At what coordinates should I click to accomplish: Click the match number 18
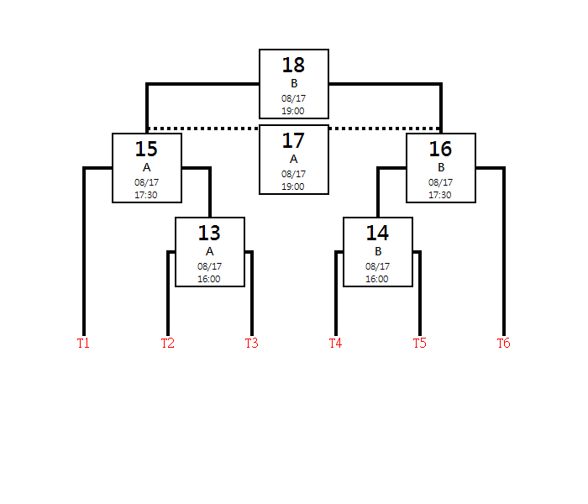(x=293, y=65)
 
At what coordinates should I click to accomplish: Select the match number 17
(x=293, y=140)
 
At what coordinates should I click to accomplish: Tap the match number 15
(x=146, y=149)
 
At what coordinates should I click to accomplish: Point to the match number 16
(x=440, y=149)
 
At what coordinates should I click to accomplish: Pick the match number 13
(x=209, y=233)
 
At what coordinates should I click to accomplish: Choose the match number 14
(x=377, y=233)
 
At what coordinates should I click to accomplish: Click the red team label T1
(x=83, y=343)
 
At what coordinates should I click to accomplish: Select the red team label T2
(x=168, y=343)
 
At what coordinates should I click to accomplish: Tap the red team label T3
(x=252, y=343)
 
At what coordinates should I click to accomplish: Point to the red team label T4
(x=336, y=343)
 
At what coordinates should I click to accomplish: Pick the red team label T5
(x=420, y=343)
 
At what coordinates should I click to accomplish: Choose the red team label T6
(x=504, y=343)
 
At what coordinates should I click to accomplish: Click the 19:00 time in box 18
(x=293, y=111)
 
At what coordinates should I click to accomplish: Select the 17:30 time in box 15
(x=146, y=195)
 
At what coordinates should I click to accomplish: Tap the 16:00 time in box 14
(x=377, y=279)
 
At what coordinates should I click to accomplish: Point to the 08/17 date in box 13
(x=209, y=266)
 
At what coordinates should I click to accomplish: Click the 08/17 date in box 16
(x=440, y=182)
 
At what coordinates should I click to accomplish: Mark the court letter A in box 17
(x=294, y=159)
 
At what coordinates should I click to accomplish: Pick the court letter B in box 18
(x=294, y=83)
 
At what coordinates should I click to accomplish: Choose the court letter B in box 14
(x=378, y=251)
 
